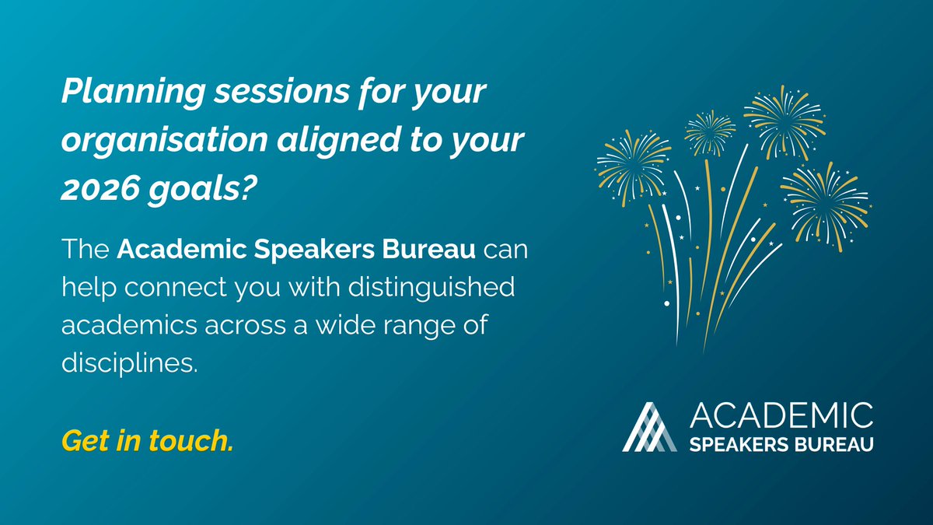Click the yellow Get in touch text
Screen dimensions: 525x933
(147, 441)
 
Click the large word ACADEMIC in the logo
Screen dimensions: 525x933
(781, 415)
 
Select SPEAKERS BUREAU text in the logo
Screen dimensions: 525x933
(781, 443)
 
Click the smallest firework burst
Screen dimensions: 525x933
(709, 131)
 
